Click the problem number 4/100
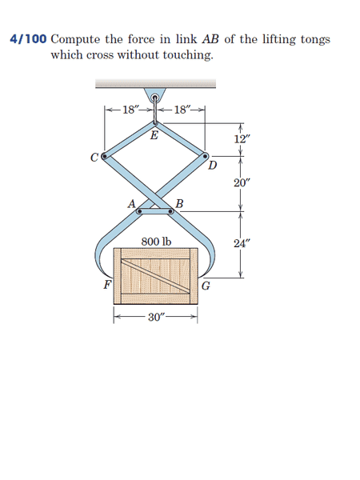pos(29,39)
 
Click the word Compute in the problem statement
pos(75,40)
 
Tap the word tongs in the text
pos(315,41)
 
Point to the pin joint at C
pos(104,157)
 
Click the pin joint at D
pos(205,156)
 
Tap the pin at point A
pos(139,211)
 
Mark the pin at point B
pos(171,211)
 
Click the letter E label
pos(154,134)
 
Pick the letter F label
pos(107,284)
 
